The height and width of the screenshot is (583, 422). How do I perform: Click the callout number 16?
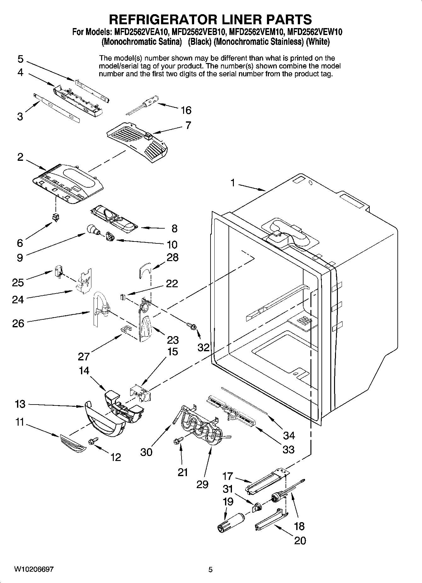click(x=186, y=110)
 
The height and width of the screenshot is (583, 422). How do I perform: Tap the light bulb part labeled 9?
click(x=92, y=230)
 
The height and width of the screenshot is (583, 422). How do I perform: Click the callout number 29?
click(x=202, y=484)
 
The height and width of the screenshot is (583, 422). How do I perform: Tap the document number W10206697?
click(x=34, y=569)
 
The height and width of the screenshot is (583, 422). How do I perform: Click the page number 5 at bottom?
click(x=211, y=570)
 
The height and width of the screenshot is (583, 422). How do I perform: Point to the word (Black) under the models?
click(x=199, y=42)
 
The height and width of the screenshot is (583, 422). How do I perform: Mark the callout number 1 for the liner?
click(x=233, y=183)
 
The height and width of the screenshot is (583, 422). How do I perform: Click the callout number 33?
click(x=288, y=449)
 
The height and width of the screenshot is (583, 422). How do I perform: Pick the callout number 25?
click(x=18, y=282)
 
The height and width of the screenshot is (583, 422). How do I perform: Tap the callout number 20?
click(x=300, y=540)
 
